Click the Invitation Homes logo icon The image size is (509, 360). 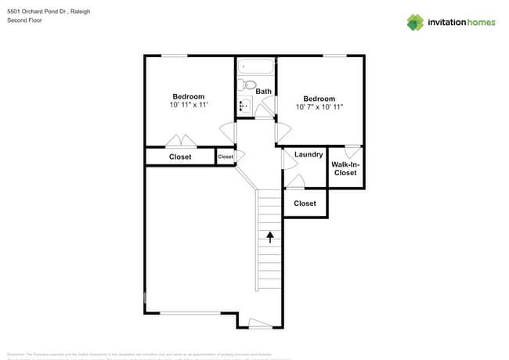click(x=415, y=22)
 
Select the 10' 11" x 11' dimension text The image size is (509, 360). click(x=189, y=105)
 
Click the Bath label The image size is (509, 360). click(x=264, y=92)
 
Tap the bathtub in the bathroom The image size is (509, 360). click(x=256, y=67)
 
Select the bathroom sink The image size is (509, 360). click(x=244, y=106)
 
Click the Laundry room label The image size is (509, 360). click(x=309, y=154)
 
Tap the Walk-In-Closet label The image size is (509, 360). click(x=345, y=168)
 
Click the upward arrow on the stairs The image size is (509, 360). click(x=270, y=236)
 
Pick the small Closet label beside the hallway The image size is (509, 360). click(x=226, y=157)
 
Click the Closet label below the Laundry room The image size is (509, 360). click(x=305, y=203)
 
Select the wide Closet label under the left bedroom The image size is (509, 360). click(x=180, y=157)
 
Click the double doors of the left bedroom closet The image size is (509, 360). click(x=181, y=142)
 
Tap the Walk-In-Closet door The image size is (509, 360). click(x=352, y=149)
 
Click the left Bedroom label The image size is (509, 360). click(x=189, y=96)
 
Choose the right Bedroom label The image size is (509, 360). click(x=319, y=98)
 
